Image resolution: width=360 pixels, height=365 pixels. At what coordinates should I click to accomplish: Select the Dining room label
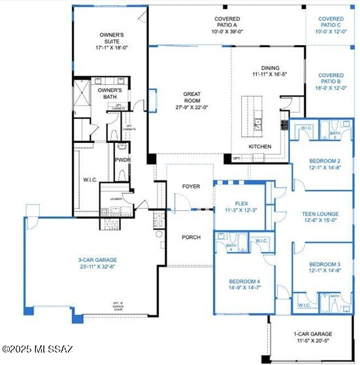point(270,68)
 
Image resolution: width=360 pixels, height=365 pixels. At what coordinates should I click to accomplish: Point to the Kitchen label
point(259,147)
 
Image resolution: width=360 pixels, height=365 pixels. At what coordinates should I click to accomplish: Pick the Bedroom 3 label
point(324,264)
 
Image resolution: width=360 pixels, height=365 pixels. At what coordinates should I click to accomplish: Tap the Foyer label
point(190,187)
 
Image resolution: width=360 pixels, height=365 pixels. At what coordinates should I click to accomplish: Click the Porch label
point(190,237)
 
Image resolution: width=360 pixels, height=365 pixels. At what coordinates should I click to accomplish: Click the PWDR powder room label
point(122,159)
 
